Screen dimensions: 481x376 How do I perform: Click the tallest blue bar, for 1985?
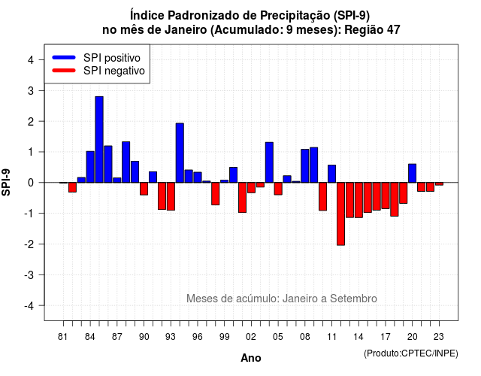[99, 140]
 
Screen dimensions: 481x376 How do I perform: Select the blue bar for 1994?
[180, 153]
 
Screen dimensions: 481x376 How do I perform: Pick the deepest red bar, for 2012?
[340, 214]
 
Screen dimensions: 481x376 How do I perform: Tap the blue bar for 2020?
[413, 174]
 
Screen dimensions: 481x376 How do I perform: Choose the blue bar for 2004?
[269, 162]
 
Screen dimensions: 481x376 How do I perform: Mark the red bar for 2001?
[242, 197]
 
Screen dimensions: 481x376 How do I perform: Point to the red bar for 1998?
[216, 194]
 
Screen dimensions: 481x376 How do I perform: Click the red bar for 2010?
[322, 196]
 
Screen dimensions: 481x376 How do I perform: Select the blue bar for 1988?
[126, 162]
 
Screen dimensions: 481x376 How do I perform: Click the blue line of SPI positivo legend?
[64, 57]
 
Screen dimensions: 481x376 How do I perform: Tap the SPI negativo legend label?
[113, 71]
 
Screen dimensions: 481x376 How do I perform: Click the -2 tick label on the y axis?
[29, 244]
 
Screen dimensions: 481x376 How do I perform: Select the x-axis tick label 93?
[171, 337]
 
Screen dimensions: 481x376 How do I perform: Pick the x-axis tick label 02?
[251, 337]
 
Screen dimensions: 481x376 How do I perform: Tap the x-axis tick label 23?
[439, 337]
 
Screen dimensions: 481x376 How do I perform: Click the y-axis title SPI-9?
[6, 182]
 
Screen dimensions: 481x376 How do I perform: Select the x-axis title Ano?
[251, 358]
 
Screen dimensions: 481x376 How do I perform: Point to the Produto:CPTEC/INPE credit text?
[411, 353]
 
